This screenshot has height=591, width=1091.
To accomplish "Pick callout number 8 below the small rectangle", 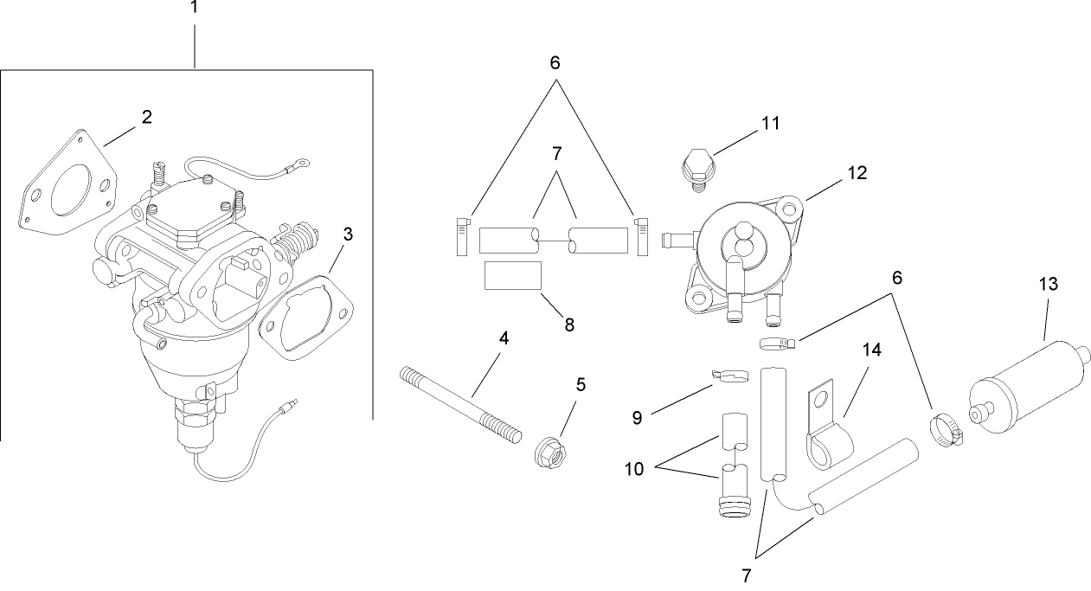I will pyautogui.click(x=569, y=325).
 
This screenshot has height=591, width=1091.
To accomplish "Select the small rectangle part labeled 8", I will pyautogui.click(x=513, y=275).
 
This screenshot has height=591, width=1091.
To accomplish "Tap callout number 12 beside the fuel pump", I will pyautogui.click(x=858, y=173).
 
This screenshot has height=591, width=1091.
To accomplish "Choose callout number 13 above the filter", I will pyautogui.click(x=1049, y=284).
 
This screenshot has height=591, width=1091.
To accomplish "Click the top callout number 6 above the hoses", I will pyautogui.click(x=555, y=62).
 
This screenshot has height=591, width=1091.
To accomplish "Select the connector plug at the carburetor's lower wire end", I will pyautogui.click(x=290, y=404).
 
